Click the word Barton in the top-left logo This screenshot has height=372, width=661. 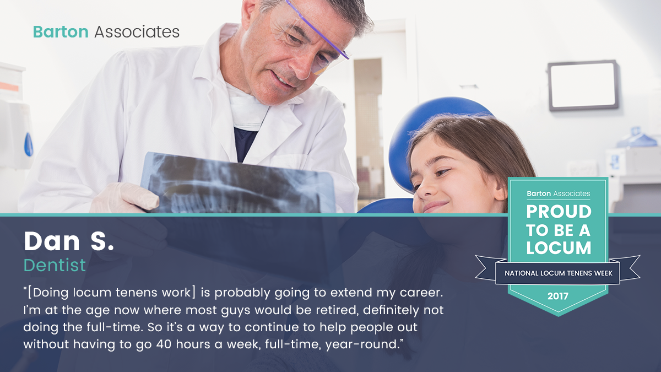click(x=61, y=32)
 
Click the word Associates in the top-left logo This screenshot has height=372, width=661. click(x=137, y=32)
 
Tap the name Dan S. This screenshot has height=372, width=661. click(x=69, y=241)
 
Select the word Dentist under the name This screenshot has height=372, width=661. click(x=55, y=265)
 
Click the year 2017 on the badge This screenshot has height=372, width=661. click(x=557, y=296)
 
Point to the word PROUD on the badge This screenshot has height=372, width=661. click(x=559, y=212)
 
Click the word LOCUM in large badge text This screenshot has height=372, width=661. click(x=559, y=247)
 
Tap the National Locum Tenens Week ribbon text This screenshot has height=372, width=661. click(x=559, y=273)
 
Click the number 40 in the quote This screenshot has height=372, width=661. click(x=164, y=344)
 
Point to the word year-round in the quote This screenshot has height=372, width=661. click(x=362, y=345)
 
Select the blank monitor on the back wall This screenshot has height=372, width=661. click(x=583, y=85)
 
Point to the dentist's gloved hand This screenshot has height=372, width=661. click(x=126, y=197)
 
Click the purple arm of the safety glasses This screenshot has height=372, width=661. click(x=317, y=30)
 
